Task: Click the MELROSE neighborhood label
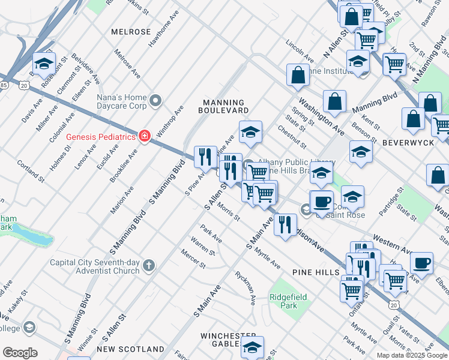pyautogui.click(x=131, y=31)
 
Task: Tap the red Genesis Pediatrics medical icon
pyautogui.click(x=144, y=136)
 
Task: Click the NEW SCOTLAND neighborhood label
pyautogui.click(x=130, y=349)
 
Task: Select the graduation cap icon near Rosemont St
pyautogui.click(x=44, y=63)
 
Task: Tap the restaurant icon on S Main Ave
pyautogui.click(x=285, y=224)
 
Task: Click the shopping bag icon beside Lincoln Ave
pyautogui.click(x=298, y=75)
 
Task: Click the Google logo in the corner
pyautogui.click(x=20, y=353)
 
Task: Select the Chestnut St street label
pyautogui.click(x=292, y=137)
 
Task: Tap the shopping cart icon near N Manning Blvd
pyautogui.click(x=394, y=64)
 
